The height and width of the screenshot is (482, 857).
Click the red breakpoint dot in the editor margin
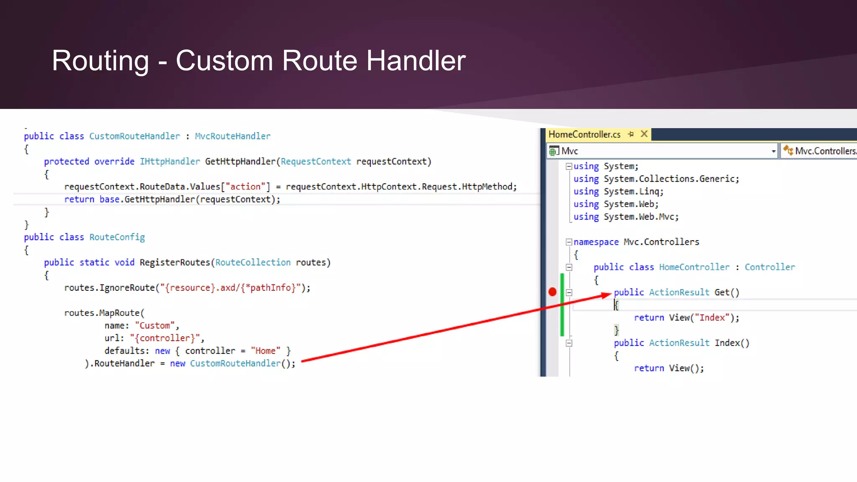tap(552, 292)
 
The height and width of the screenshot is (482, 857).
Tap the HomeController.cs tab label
tap(584, 135)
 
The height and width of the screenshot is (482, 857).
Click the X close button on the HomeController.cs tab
tap(644, 134)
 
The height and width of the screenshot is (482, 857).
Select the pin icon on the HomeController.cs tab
tap(631, 134)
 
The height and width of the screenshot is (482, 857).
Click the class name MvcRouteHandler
tap(233, 136)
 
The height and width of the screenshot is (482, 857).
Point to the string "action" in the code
tap(246, 187)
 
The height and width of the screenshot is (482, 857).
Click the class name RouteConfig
tap(117, 237)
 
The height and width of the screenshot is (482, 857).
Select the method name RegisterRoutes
tap(175, 263)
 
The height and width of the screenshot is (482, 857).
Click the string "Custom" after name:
tap(155, 326)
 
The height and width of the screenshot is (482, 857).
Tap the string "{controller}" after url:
tap(165, 338)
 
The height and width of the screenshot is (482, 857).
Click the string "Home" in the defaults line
tap(265, 351)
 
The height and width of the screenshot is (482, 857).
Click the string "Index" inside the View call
tap(712, 318)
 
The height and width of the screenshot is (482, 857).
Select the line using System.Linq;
tap(618, 192)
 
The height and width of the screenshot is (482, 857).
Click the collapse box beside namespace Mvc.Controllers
tap(569, 242)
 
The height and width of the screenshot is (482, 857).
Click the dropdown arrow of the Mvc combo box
tap(773, 151)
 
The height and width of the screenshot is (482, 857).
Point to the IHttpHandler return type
tap(169, 162)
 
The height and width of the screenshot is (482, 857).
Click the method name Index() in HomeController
tap(731, 343)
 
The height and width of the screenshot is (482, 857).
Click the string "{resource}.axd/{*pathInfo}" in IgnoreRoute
tap(231, 288)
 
